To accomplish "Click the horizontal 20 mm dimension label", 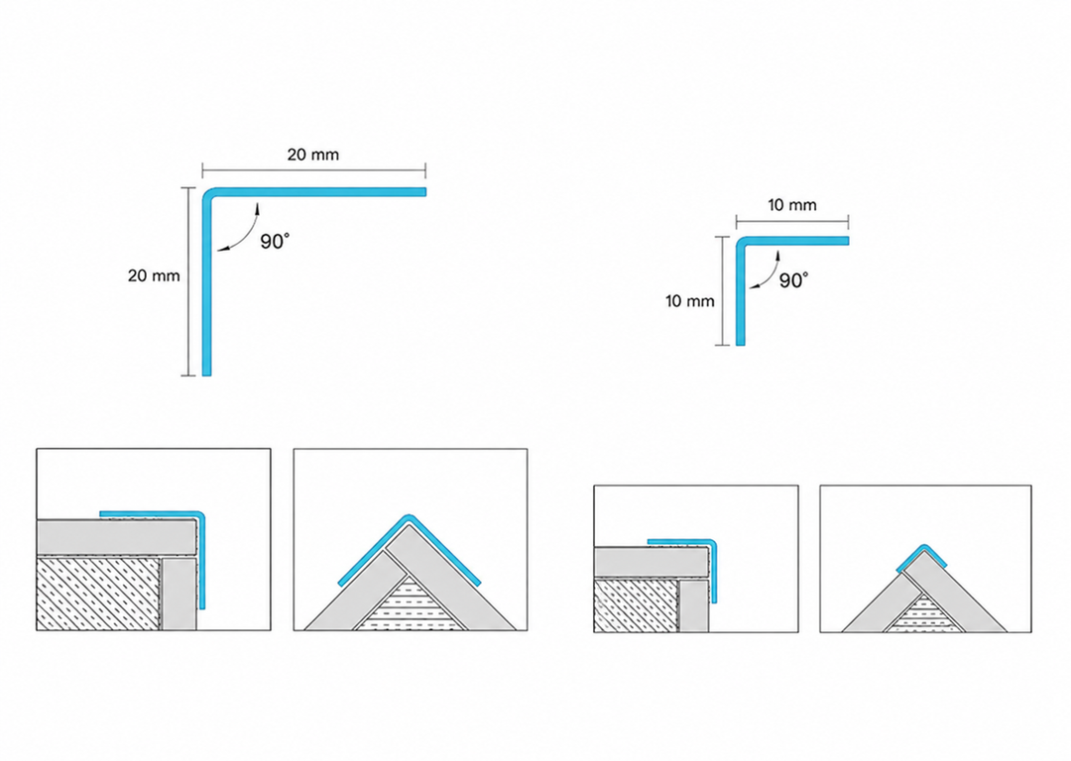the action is tap(312, 155).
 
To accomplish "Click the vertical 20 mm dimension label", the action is tap(154, 275).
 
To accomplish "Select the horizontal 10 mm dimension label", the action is tap(791, 205).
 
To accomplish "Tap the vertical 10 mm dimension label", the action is tap(690, 301).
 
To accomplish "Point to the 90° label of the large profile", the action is tap(275, 242).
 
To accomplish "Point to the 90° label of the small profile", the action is tap(793, 280).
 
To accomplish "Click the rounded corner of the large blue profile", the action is tap(208, 194).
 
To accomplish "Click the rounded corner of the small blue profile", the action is tap(741, 242).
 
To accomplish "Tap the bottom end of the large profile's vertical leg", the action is tap(207, 375).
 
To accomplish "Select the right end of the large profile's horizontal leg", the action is tap(424, 192).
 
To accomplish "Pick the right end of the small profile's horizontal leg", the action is tap(847, 240).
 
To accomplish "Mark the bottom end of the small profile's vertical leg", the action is tap(741, 344).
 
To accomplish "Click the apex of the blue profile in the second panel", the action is tap(409, 516).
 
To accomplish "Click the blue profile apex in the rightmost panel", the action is tap(924, 546).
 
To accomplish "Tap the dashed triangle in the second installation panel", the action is tap(410, 604).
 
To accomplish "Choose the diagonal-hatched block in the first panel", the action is tap(99, 594).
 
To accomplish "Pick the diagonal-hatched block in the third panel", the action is tap(636, 605).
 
